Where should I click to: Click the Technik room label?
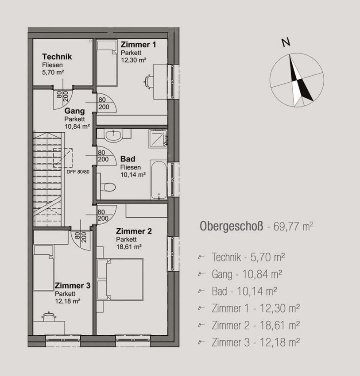click(x=57, y=57)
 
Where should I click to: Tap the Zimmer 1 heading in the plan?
click(x=138, y=44)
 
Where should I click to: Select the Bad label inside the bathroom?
click(x=128, y=159)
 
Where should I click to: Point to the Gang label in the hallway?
click(x=74, y=111)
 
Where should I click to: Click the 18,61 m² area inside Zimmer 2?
click(x=129, y=246)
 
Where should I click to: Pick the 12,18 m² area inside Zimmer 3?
click(x=68, y=301)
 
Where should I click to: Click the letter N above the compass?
click(x=286, y=42)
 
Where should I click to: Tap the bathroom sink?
click(x=113, y=135)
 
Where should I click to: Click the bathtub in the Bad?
click(x=159, y=180)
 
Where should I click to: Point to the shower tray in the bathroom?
click(x=158, y=138)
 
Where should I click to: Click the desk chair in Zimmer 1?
click(x=148, y=82)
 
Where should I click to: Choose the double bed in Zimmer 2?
click(x=120, y=280)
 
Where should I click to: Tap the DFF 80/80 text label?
click(x=78, y=172)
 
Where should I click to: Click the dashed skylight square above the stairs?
click(x=62, y=158)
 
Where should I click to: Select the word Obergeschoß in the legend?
click(x=231, y=226)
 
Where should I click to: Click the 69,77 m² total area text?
click(x=293, y=226)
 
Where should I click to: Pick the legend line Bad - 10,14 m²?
click(x=244, y=291)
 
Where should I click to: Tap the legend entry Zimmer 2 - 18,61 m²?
click(x=255, y=326)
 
